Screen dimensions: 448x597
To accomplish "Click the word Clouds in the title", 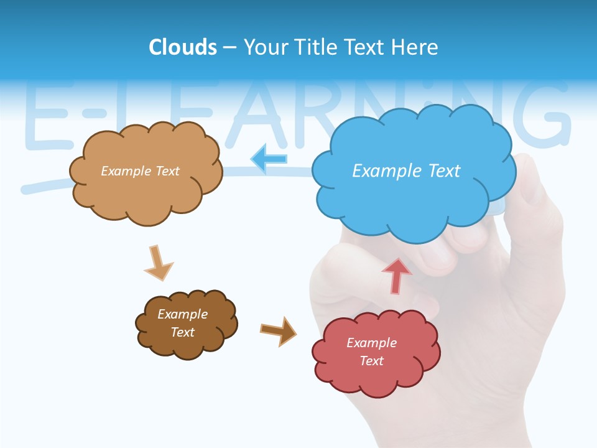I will click(183, 47).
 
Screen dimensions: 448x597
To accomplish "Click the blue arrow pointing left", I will click(269, 159).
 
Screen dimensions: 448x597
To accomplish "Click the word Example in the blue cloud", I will click(381, 171).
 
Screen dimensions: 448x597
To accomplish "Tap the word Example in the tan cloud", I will click(125, 171).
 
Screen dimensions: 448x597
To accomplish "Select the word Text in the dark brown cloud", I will click(183, 332).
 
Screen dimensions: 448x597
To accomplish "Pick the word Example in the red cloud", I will click(371, 343).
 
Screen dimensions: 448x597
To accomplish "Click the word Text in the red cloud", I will click(371, 361).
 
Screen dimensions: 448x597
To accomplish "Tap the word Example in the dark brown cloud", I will click(183, 314).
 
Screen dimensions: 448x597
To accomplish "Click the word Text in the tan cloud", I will click(166, 171).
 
